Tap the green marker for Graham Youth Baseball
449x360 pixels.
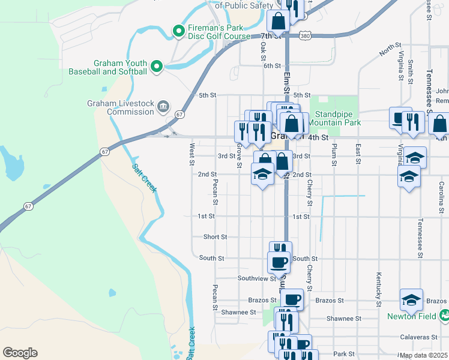(x=157, y=67)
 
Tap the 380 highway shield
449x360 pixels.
(x=306, y=36)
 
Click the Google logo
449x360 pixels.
(x=20, y=353)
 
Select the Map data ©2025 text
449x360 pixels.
(x=423, y=355)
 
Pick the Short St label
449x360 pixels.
(x=215, y=237)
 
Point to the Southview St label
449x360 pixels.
(x=256, y=278)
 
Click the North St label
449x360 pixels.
(x=390, y=50)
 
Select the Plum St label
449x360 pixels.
(x=334, y=154)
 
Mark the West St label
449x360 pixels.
(x=192, y=154)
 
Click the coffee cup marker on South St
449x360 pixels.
(x=279, y=262)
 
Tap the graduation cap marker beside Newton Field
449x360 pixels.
(x=411, y=299)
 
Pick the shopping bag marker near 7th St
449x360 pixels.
(x=279, y=22)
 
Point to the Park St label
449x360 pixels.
(x=345, y=354)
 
